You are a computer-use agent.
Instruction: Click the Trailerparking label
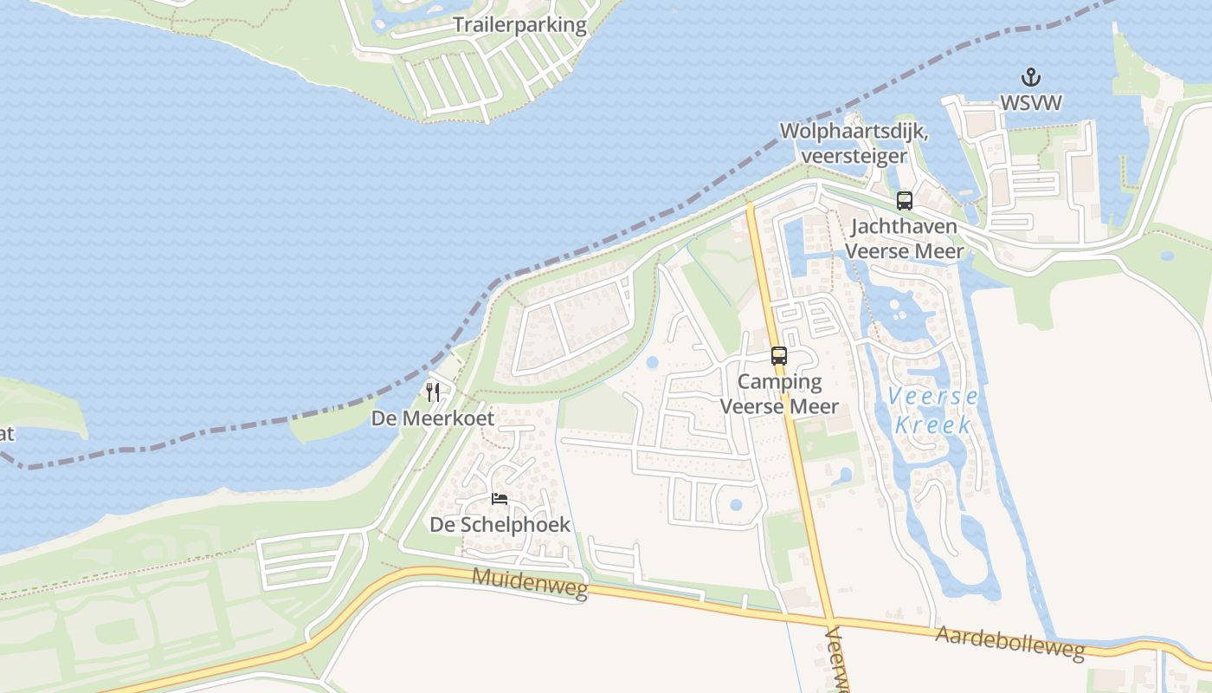520,25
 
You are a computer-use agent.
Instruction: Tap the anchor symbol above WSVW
1030,77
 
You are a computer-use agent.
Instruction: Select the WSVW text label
1030,102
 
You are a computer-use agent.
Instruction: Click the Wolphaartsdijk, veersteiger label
854,144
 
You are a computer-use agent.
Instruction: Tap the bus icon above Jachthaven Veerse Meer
905,201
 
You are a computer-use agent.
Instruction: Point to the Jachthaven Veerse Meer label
904,239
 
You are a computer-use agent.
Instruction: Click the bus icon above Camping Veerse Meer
779,355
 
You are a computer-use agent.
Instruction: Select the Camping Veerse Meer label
779,394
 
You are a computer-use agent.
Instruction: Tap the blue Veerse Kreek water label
933,411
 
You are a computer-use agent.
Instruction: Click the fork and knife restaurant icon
433,392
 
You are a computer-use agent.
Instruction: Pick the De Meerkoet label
433,418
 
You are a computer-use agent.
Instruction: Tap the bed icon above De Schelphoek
500,498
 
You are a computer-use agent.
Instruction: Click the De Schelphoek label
500,525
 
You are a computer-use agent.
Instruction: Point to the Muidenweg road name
530,584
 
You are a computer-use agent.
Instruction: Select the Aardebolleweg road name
1009,642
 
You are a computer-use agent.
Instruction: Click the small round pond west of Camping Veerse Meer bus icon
652,362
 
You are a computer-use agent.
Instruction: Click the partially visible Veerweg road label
838,663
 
